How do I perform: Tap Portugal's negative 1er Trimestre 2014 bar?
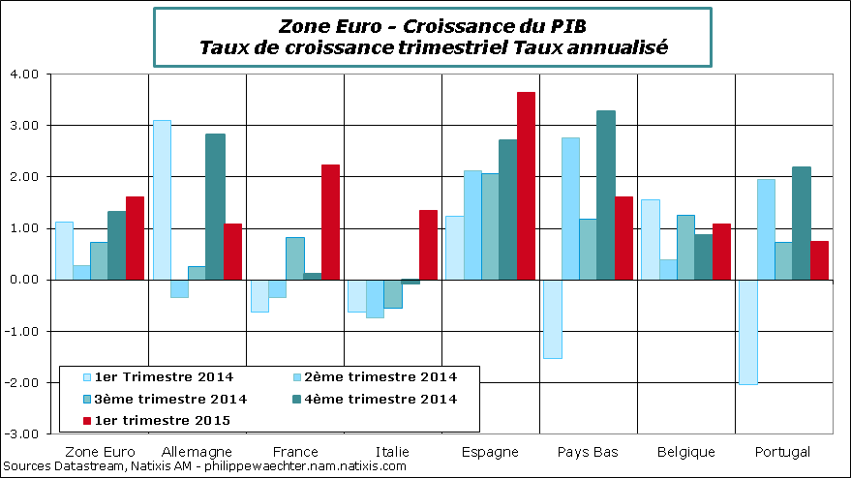[746, 332]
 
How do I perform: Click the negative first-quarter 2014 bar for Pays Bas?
[553, 319]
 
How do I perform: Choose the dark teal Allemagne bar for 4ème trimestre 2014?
[215, 206]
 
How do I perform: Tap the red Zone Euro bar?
[135, 238]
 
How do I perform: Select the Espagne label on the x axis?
[491, 452]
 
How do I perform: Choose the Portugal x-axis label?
[782, 452]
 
